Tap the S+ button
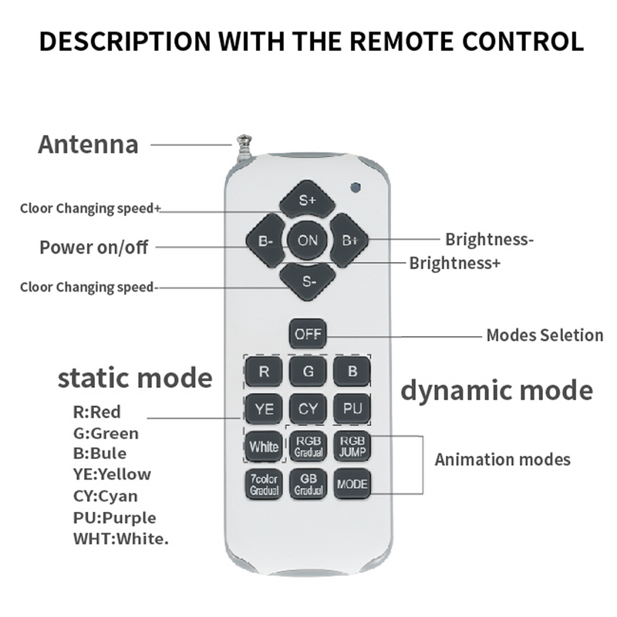(308, 201)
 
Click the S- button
(308, 281)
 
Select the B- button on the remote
(266, 241)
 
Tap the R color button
(264, 372)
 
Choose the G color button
(308, 372)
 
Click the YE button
(264, 409)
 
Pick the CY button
(308, 409)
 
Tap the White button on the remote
(264, 446)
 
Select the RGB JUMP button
(352, 446)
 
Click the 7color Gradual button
(264, 484)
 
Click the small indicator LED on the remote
(356, 187)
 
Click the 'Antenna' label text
(89, 144)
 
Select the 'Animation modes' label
(503, 460)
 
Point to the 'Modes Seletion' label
(545, 335)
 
